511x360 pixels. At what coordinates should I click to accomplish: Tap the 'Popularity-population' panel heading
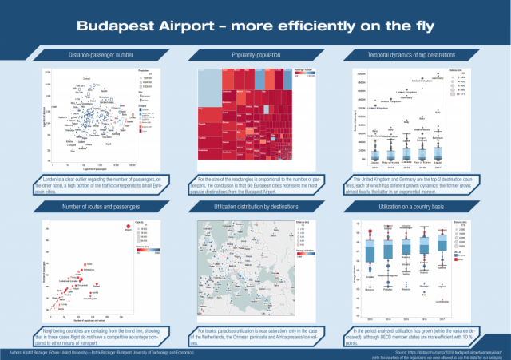click(255, 54)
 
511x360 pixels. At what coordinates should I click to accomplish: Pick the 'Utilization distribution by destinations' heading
click(255, 206)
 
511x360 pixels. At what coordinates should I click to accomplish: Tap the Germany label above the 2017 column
click(437, 77)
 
